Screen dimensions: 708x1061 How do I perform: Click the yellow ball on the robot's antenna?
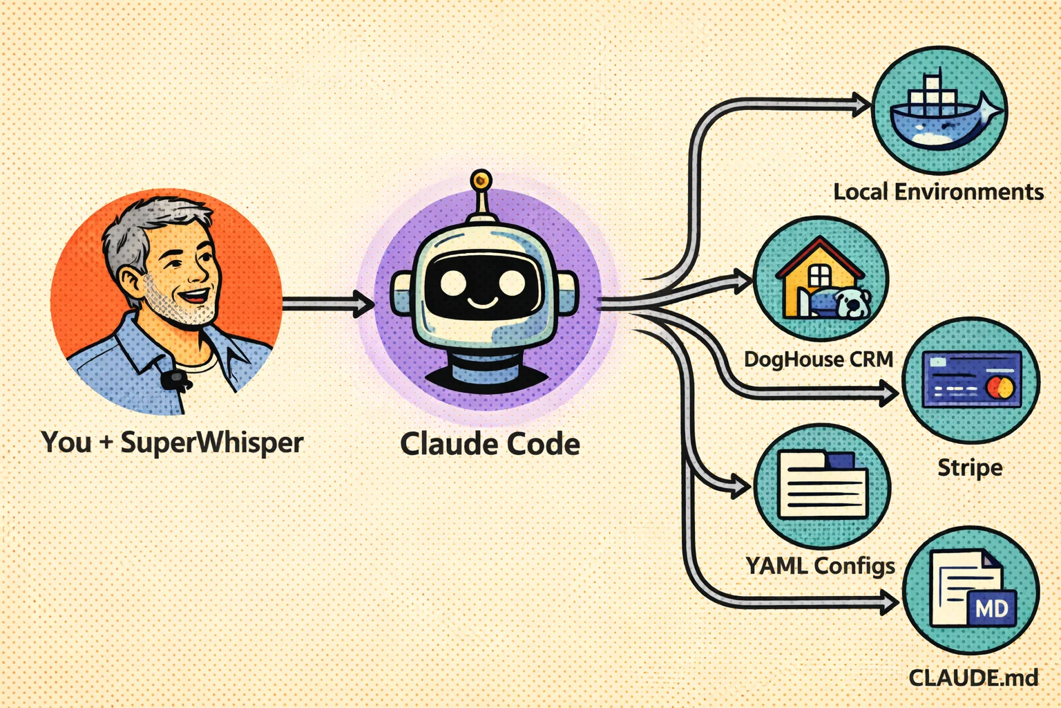click(481, 181)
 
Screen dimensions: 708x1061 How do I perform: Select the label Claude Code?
click(490, 444)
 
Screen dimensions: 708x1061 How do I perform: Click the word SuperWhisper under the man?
click(212, 442)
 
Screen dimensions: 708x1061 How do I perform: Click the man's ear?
click(131, 283)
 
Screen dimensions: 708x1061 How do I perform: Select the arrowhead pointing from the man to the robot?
click(363, 304)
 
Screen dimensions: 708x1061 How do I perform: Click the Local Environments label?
click(938, 192)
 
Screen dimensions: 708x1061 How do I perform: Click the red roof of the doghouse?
click(819, 253)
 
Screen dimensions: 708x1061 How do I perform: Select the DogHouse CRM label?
click(819, 360)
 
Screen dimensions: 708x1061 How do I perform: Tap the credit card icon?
click(971, 380)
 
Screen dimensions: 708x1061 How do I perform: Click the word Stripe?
click(970, 468)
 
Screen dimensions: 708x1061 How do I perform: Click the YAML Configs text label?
click(820, 566)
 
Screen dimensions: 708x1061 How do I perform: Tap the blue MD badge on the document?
click(992, 608)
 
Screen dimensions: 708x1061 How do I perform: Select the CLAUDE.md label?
click(973, 678)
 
